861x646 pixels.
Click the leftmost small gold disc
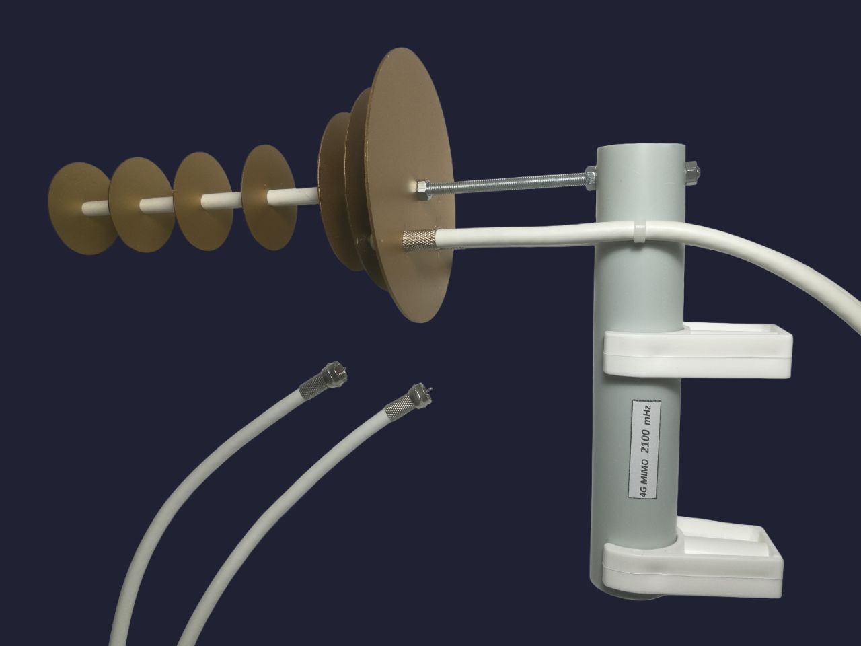pos(81,208)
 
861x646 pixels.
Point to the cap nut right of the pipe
pos(691,171)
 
